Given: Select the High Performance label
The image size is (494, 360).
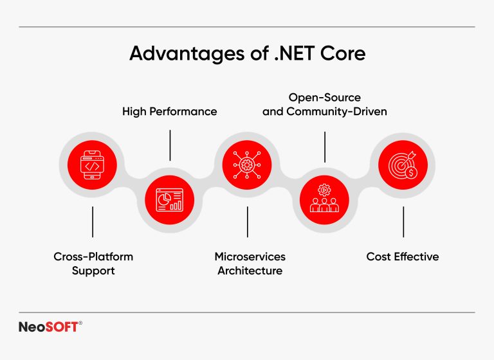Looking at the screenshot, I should point(170,111).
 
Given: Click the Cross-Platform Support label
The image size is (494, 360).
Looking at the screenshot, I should point(93,264).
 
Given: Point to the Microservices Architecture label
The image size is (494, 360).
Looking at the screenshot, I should point(250,264).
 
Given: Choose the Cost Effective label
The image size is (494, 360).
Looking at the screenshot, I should point(403,256).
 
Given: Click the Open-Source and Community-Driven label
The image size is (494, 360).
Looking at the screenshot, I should point(325,105).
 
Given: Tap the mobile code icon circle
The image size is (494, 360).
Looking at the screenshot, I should point(93,165).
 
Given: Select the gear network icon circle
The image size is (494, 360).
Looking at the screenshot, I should point(248,165).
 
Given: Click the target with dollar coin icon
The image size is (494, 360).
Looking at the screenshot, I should point(403,165).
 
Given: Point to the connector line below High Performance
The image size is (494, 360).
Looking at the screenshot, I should point(170,145).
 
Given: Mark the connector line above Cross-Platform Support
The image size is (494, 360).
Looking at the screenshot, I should point(93,222).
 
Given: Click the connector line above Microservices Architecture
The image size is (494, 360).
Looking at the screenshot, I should point(248,222).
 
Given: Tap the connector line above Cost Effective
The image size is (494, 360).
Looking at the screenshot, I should point(403,222).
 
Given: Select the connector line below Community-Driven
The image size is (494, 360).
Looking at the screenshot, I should point(325,147).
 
